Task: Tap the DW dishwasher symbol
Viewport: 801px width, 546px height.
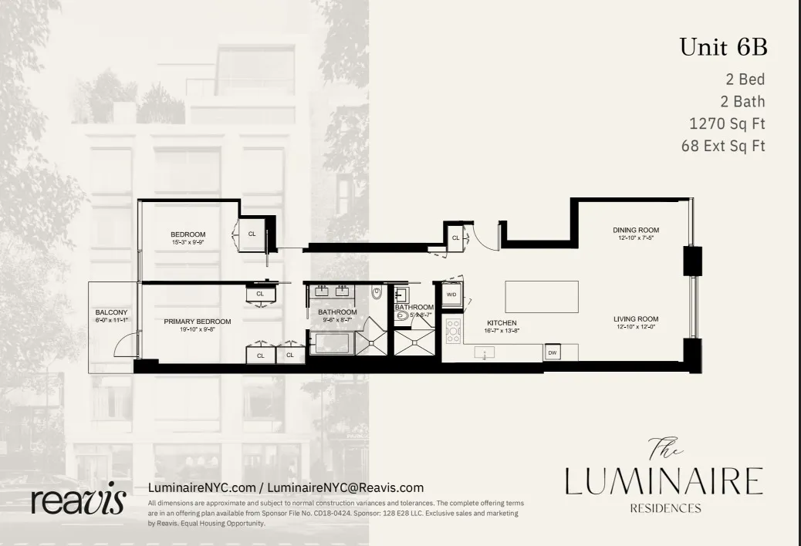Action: (x=552, y=352)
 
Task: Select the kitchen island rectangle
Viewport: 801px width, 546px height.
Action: (x=541, y=295)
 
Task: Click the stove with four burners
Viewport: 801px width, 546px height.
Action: (x=453, y=330)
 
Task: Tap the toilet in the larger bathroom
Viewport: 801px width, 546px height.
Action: (x=376, y=293)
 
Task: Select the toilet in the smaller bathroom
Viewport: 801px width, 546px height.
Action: (x=401, y=315)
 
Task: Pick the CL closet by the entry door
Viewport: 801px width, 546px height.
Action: (x=455, y=238)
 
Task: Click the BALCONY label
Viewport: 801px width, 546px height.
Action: (x=110, y=312)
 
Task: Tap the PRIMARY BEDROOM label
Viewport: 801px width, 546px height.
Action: (x=198, y=322)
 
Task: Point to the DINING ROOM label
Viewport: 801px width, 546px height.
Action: (x=637, y=230)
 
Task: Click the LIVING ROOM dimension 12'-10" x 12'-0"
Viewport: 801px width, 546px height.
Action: (x=637, y=327)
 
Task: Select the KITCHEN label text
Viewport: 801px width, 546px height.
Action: (x=501, y=322)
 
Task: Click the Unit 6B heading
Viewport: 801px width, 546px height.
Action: (x=722, y=47)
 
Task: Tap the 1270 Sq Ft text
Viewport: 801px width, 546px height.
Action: (x=727, y=123)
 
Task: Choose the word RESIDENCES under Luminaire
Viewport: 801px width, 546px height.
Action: (x=665, y=508)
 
